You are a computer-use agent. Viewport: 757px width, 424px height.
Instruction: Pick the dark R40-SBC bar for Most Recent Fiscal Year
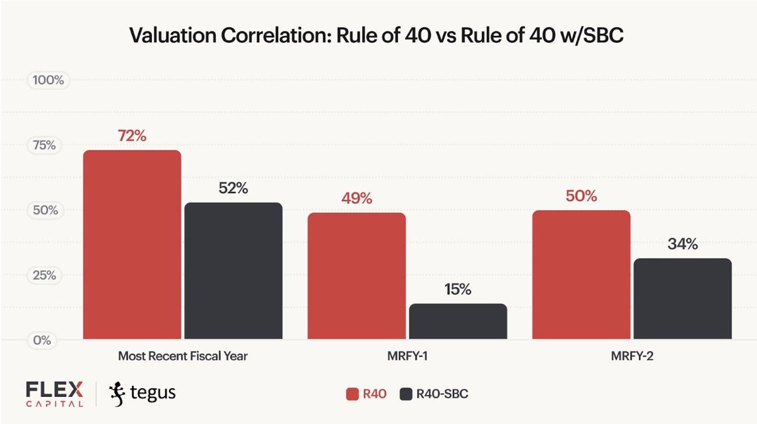(x=233, y=271)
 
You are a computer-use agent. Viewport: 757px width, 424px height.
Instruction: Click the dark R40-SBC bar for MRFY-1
(x=457, y=322)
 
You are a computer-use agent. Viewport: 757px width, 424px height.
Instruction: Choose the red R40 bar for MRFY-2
(x=581, y=275)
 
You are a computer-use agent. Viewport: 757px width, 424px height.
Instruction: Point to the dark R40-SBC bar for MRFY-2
(x=683, y=299)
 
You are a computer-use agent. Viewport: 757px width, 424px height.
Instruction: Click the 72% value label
(x=132, y=136)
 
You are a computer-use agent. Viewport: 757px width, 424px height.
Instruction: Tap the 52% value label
(x=233, y=188)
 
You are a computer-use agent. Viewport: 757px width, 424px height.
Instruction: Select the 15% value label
(x=457, y=290)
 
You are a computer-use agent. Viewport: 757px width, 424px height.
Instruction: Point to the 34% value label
(x=683, y=244)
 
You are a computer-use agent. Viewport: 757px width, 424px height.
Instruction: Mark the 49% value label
(x=356, y=198)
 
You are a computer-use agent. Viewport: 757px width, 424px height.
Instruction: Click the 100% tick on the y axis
(x=45, y=81)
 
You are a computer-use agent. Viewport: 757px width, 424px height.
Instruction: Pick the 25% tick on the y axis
(x=45, y=275)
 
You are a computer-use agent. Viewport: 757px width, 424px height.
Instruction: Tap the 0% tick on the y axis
(x=45, y=340)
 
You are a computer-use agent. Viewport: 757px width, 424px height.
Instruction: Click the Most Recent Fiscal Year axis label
(x=183, y=356)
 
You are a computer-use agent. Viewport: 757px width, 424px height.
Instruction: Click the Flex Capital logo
(x=54, y=394)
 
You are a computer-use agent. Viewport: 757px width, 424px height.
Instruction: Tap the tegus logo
(x=143, y=393)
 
